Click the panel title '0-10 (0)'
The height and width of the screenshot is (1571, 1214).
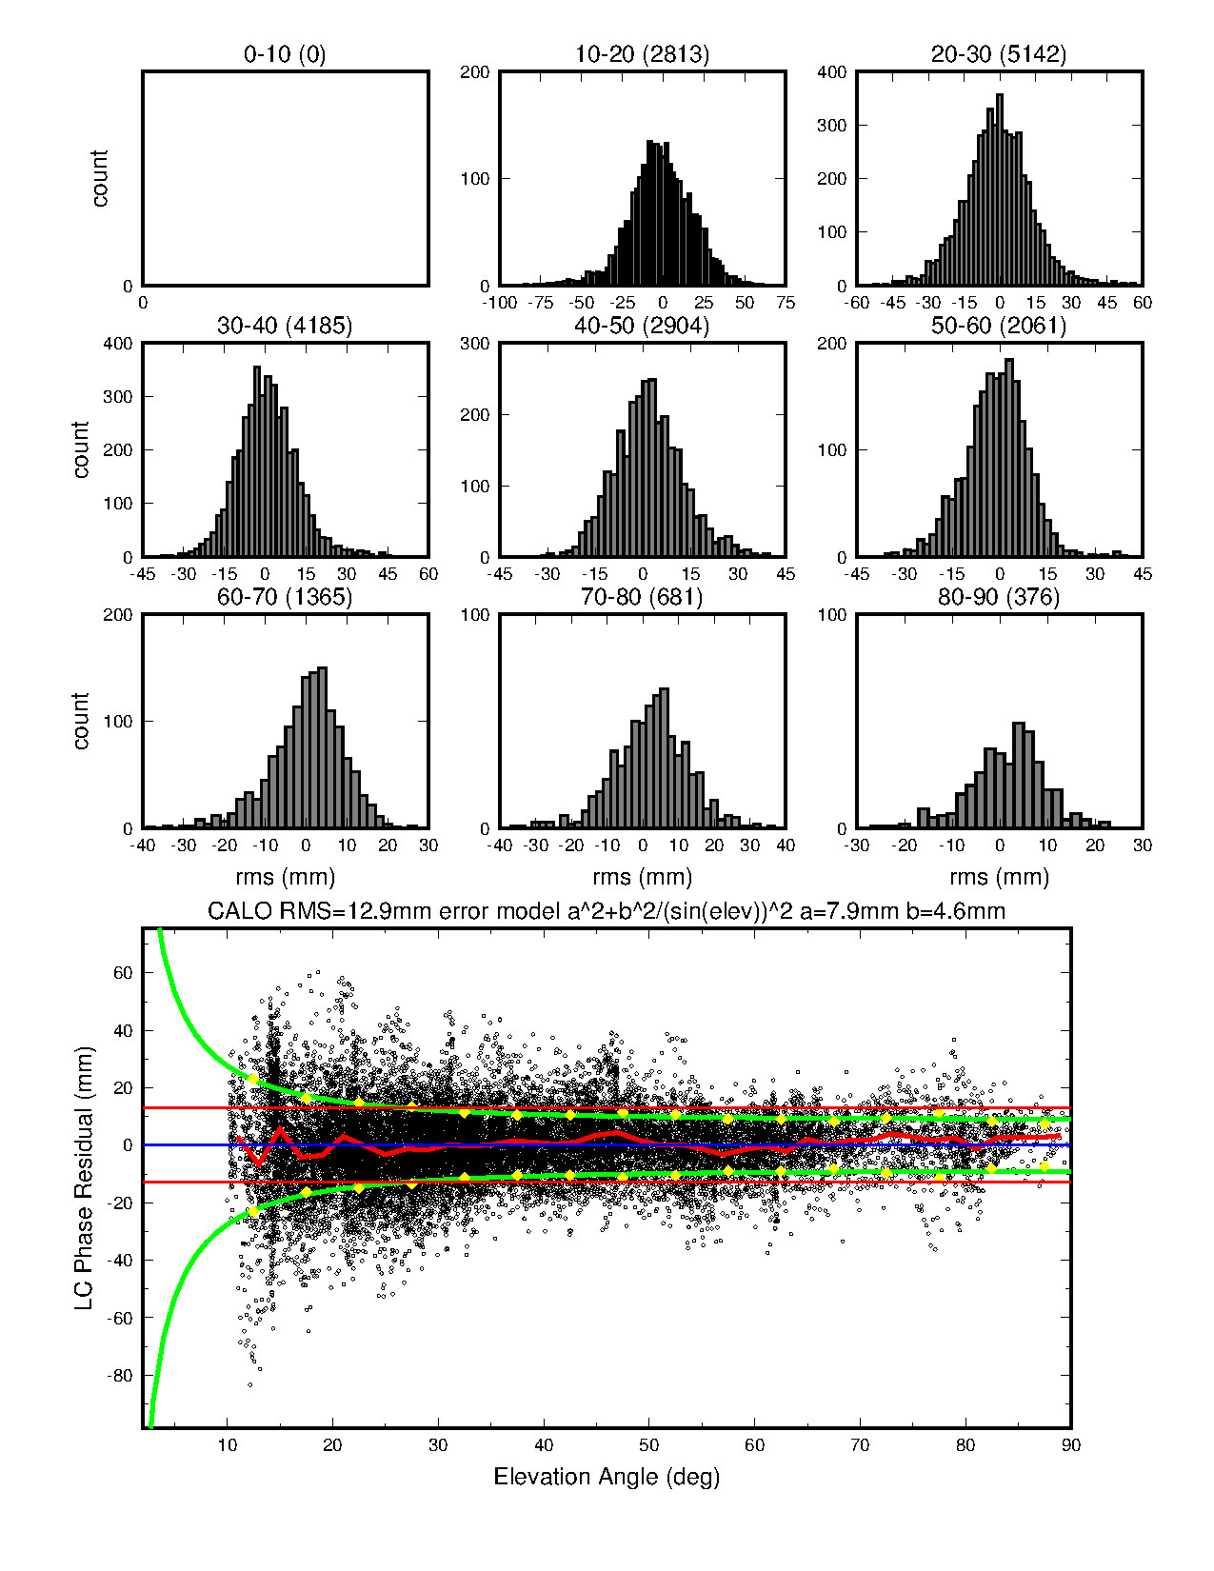click(285, 54)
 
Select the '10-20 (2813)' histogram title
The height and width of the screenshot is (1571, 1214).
click(642, 54)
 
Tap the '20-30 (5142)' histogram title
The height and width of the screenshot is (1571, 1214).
click(999, 54)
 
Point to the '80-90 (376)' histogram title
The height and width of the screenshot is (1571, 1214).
click(999, 597)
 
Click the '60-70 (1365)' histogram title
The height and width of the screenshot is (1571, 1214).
click(285, 597)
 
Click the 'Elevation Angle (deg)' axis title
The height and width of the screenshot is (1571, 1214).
click(607, 1477)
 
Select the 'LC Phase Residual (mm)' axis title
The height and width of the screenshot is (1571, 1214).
click(84, 1178)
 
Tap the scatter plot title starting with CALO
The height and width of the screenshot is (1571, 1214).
click(607, 911)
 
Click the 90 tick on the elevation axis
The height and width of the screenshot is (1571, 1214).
click(1071, 1445)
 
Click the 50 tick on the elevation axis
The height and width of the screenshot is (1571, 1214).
click(648, 1445)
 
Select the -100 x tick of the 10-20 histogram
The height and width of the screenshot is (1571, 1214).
click(500, 303)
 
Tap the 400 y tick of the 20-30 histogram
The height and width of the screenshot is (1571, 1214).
click(832, 72)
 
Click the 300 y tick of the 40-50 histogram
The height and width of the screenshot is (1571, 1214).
click(475, 344)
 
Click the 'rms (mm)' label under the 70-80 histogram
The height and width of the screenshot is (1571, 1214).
click(642, 877)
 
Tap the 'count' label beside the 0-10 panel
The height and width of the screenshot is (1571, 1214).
click(100, 178)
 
